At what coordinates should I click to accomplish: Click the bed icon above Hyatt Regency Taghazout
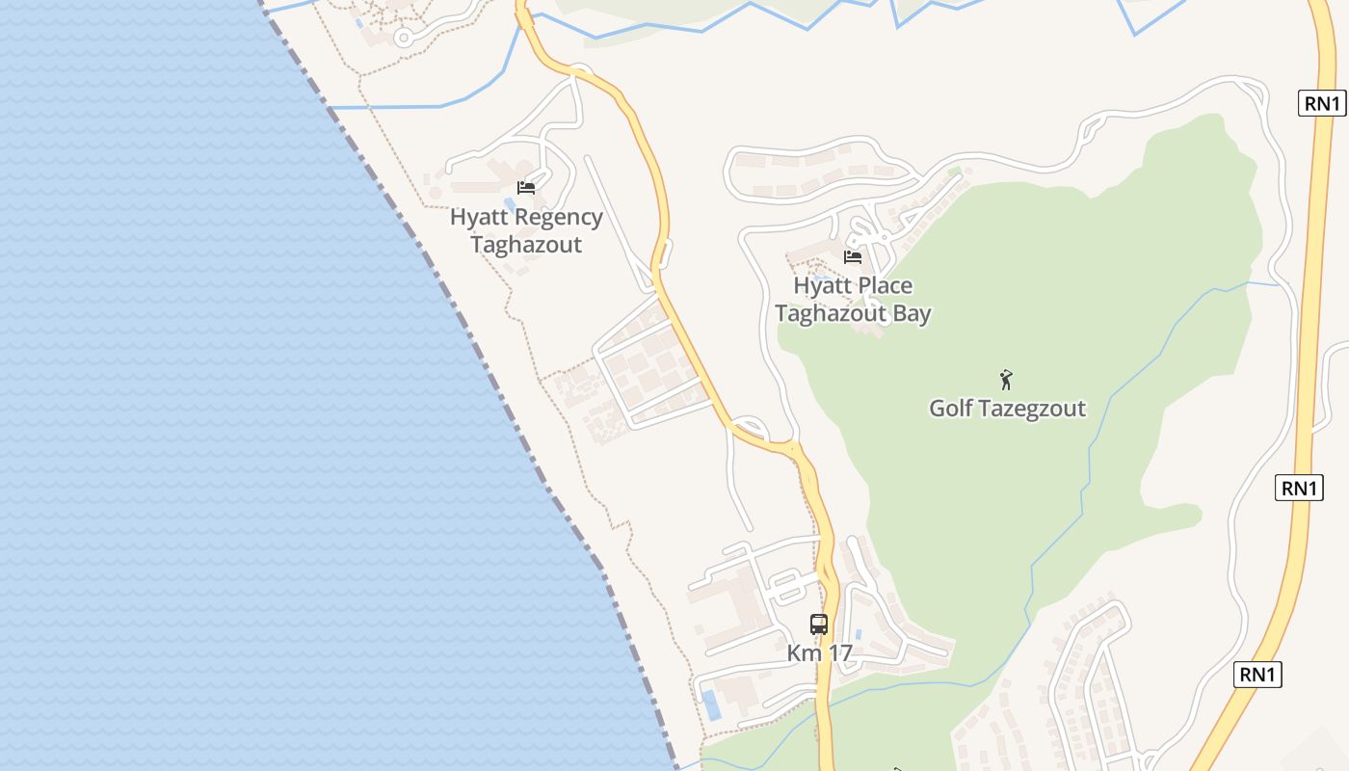(x=526, y=187)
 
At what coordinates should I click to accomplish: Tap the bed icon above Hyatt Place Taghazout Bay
(x=853, y=256)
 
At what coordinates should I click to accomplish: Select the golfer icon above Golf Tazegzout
(x=1007, y=379)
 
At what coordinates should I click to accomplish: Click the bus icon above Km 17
(x=819, y=624)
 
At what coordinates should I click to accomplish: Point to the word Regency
(x=559, y=218)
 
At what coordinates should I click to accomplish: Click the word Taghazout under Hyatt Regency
(x=526, y=245)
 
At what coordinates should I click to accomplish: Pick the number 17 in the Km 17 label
(x=839, y=653)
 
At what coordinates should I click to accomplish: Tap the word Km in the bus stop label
(x=805, y=653)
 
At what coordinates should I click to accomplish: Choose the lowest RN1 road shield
(x=1257, y=675)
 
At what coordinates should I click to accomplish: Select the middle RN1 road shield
(x=1299, y=488)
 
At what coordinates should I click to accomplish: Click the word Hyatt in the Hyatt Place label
(x=822, y=286)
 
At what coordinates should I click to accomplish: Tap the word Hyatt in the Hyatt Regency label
(x=479, y=218)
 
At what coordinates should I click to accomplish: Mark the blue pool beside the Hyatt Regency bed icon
(x=509, y=203)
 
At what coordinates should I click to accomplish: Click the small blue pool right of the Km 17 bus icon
(x=858, y=634)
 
